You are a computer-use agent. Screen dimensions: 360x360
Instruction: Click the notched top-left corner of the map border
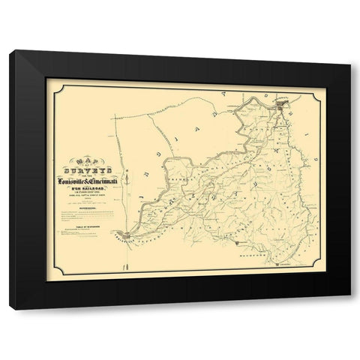46,79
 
